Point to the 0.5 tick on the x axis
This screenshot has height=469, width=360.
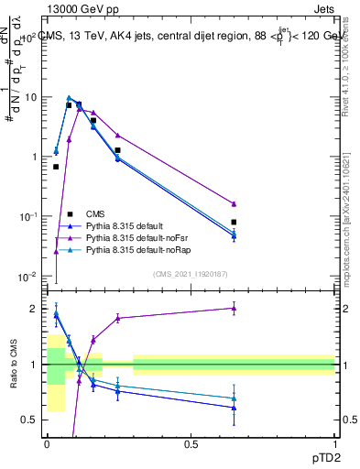(x=191, y=443)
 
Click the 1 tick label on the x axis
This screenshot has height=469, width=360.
(x=334, y=443)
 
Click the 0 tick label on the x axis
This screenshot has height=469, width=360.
(x=47, y=443)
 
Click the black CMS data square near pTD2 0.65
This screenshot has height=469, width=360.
(x=234, y=222)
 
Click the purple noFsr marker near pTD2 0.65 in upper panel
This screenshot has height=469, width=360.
(x=234, y=203)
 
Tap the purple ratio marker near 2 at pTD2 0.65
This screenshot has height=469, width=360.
(x=234, y=309)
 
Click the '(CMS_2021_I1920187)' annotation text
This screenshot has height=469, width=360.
(x=189, y=274)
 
